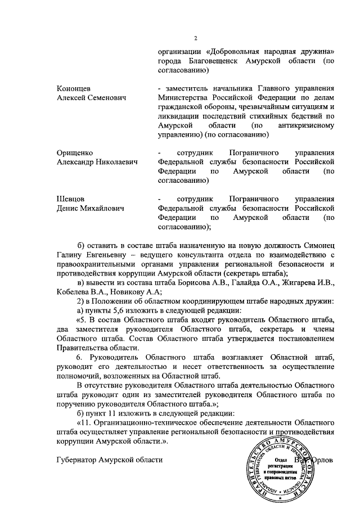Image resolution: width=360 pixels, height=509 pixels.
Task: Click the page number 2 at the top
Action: (196, 39)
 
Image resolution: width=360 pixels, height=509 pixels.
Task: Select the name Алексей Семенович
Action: (91, 97)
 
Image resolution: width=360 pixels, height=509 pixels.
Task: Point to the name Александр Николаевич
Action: (97, 162)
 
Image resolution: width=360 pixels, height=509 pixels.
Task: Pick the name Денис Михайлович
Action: (91, 209)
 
